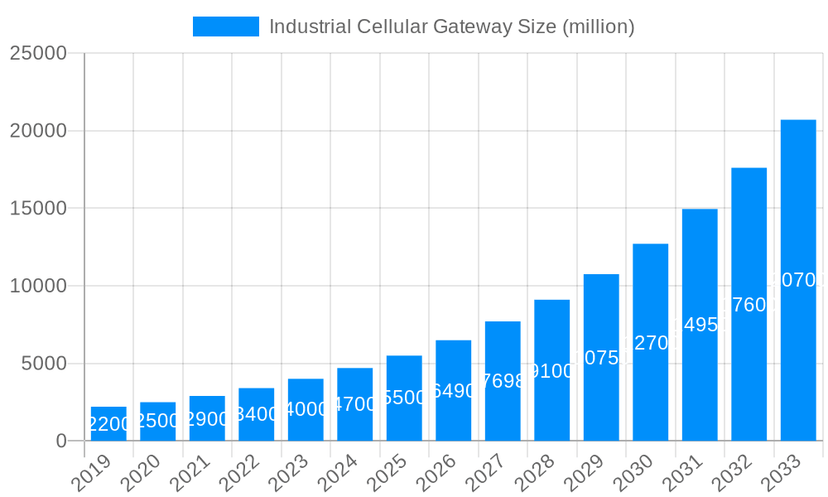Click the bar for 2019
pos(108,423)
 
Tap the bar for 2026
pos(453,390)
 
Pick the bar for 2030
pos(650,342)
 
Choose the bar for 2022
pos(256,414)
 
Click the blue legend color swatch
pos(225,27)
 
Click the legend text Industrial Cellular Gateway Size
pos(451,27)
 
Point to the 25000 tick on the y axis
pos(38,53)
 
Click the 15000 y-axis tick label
pos(38,208)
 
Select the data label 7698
pos(503,381)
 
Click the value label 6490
pos(453,391)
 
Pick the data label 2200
pos(108,425)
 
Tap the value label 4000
pos(306,409)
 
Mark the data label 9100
pos(551,371)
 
